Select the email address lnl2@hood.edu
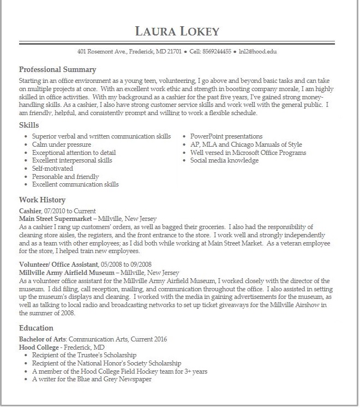click(257, 52)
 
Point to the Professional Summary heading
click(57, 70)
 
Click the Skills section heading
click(29, 125)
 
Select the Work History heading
click(42, 200)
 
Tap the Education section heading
click(36, 328)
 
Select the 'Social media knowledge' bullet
click(224, 161)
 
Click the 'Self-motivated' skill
click(52, 169)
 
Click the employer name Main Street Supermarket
click(56, 219)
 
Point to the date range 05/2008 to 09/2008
click(126, 265)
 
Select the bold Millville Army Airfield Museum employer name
click(67, 273)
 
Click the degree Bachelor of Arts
click(43, 339)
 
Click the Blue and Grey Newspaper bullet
click(92, 379)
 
